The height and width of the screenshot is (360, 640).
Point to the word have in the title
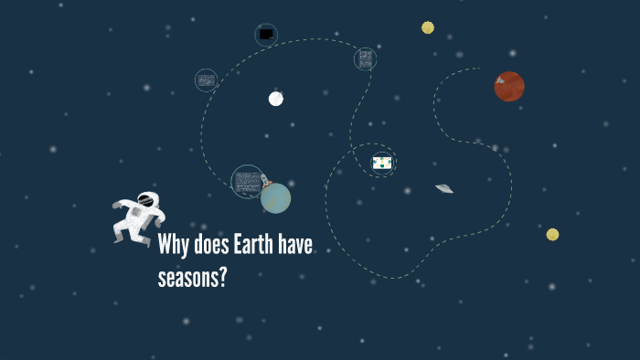point(297,246)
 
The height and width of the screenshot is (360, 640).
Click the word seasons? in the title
point(192,278)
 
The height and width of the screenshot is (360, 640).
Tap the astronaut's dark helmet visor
point(145,200)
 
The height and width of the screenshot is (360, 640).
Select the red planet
point(509,87)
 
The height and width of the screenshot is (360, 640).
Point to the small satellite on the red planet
point(500,80)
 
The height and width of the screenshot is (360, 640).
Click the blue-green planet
point(275,198)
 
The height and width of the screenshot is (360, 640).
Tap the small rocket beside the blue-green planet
point(264,180)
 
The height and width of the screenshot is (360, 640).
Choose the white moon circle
point(276,99)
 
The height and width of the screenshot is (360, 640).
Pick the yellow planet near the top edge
point(428,27)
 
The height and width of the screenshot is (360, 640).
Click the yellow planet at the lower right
point(552,235)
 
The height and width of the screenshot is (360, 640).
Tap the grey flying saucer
point(444,188)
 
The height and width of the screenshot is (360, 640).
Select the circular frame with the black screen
point(266,35)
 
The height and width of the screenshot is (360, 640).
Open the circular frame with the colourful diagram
point(382,163)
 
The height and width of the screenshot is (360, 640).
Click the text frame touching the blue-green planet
point(247,181)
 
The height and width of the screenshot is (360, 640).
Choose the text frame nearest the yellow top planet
point(366,59)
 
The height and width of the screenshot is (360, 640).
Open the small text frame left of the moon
point(206,80)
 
